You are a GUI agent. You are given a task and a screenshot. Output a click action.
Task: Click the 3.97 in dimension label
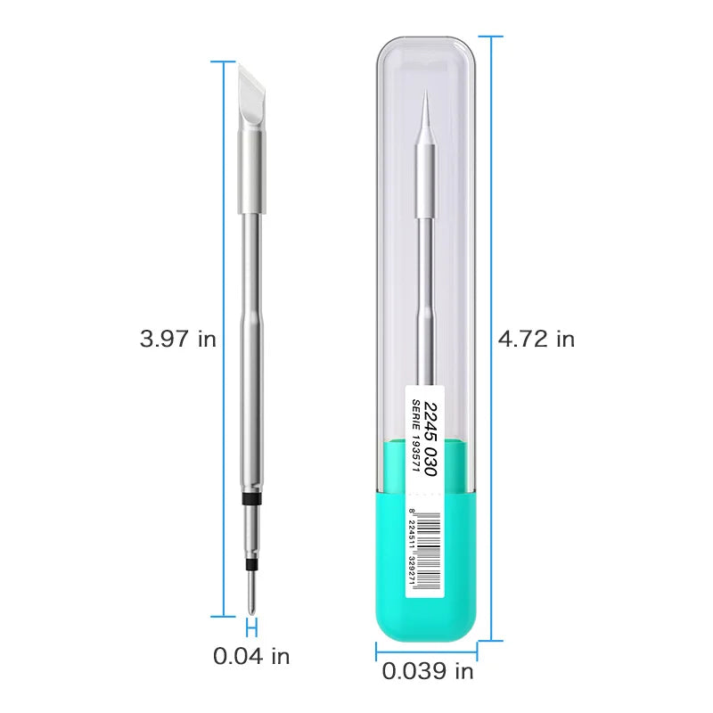coord(177,340)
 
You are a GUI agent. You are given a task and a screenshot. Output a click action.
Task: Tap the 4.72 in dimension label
coord(537,340)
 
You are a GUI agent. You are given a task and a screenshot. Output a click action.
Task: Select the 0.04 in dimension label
coord(251,657)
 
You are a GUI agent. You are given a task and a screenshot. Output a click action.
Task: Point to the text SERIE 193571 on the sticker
coord(414,436)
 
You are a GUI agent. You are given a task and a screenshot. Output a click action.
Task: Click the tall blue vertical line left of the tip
coord(223,339)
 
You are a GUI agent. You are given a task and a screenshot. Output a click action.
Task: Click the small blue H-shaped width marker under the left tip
coord(251,626)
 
